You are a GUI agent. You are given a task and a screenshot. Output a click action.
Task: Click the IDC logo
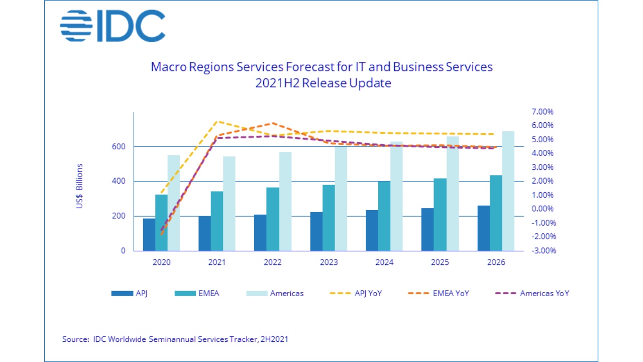point(113,26)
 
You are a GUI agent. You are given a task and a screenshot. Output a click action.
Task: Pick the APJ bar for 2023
point(316,231)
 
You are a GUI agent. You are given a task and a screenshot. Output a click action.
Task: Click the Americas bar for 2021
point(229,203)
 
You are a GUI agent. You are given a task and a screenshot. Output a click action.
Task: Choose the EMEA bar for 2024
point(384,216)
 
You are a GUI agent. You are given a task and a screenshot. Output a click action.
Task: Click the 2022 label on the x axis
point(273,262)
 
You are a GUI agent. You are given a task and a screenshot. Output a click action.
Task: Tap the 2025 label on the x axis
point(440,262)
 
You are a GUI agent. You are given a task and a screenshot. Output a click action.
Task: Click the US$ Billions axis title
point(80,186)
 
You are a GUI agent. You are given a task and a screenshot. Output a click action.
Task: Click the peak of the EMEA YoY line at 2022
point(273,123)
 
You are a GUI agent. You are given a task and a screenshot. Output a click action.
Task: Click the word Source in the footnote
point(75,339)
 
